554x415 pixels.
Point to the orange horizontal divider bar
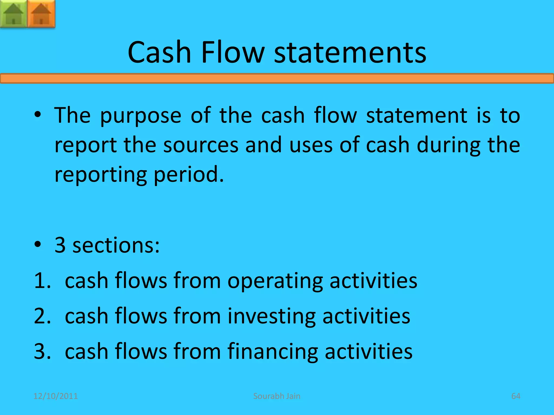277,79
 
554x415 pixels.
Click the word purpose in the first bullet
141,116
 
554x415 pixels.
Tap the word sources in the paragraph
201,145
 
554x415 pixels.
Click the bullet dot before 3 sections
38,245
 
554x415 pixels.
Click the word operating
275,281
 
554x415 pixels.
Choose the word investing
271,316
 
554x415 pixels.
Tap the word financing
272,352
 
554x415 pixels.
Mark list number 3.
42,351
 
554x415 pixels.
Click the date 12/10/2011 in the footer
55,396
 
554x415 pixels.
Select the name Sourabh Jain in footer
277,396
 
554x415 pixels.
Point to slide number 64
516,396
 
